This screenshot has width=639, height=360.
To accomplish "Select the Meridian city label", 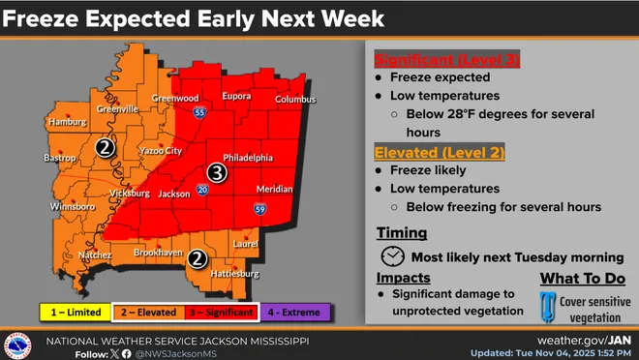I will coord(275,189).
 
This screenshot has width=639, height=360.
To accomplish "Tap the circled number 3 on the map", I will coord(218,173).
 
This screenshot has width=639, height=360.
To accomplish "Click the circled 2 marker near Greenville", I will coord(106,148).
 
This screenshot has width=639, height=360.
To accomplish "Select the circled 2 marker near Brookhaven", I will coord(198,258).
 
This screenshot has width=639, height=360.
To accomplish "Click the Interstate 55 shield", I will coord(198,113).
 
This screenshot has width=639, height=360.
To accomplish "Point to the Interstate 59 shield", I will coord(260,208).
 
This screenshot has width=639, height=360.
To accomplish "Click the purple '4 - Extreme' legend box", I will coord(298,312).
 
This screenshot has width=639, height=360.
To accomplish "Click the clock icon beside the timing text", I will coord(392,256).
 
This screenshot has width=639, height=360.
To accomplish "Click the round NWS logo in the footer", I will coord(17,345).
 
